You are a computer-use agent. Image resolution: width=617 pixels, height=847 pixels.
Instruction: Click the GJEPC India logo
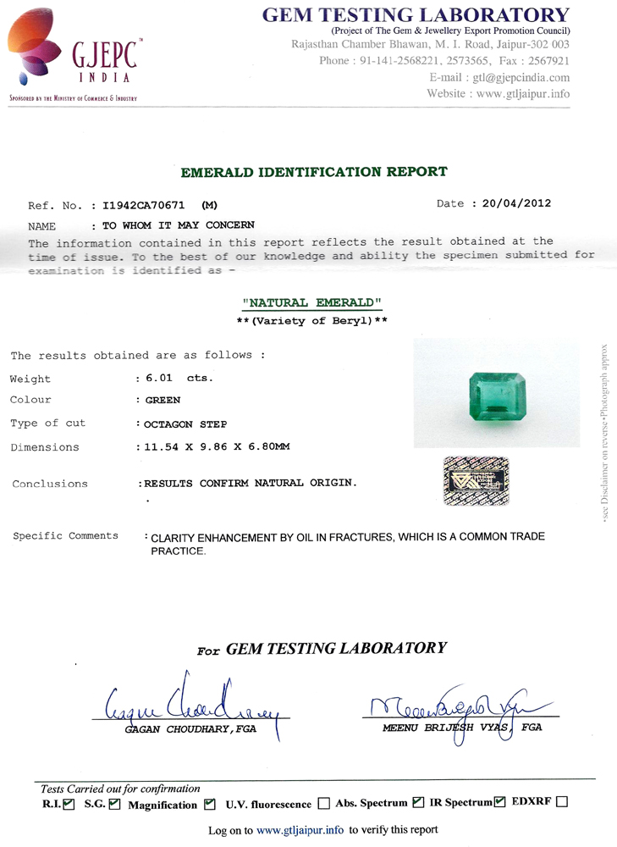72,55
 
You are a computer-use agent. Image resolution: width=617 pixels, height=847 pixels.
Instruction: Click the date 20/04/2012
516,204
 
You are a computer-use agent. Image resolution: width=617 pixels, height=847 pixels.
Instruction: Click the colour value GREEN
163,400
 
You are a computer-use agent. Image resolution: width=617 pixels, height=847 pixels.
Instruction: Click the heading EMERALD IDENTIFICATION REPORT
314,172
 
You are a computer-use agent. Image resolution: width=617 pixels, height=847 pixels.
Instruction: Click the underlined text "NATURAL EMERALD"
313,302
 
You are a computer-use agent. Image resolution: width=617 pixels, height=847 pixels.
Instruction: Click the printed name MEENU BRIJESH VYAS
448,728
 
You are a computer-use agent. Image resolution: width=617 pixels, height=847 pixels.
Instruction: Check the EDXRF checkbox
562,802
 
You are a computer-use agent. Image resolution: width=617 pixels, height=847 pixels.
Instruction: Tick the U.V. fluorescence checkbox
323,804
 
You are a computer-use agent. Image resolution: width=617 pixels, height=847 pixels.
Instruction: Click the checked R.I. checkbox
69,803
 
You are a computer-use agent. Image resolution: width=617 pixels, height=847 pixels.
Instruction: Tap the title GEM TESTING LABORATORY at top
416,14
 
